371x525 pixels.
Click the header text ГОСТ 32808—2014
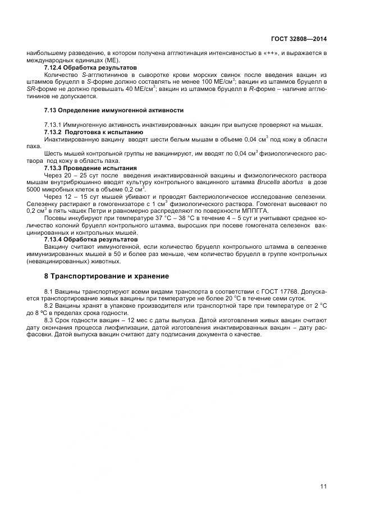click(x=299, y=39)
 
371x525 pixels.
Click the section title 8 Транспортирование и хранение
click(x=106, y=276)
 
